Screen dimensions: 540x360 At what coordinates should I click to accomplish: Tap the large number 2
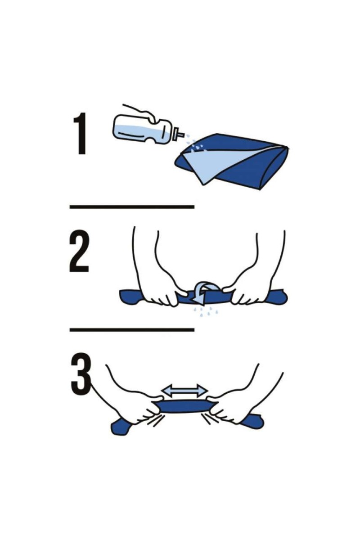[79, 253]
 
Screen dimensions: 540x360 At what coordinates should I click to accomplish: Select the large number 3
[81, 373]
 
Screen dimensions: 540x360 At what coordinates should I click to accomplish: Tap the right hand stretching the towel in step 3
[229, 407]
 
